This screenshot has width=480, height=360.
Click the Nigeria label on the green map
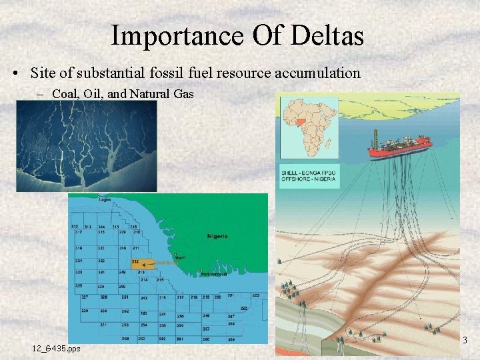tap(217, 236)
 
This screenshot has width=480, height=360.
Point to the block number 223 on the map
tap(255, 295)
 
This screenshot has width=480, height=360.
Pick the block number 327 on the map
tap(85, 296)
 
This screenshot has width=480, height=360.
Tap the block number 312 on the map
tap(75, 227)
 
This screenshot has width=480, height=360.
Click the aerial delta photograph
tap(86, 146)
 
